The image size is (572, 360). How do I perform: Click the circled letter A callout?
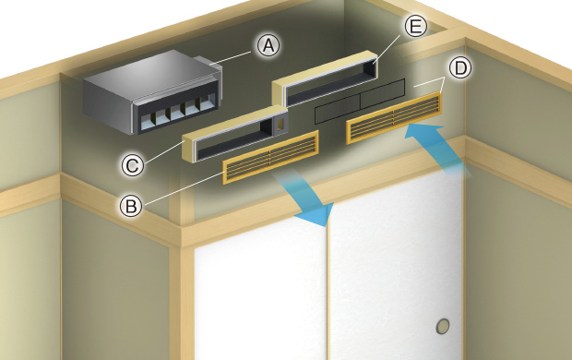(268, 45)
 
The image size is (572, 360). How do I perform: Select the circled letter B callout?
(131, 206)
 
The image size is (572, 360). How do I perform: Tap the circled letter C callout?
(133, 165)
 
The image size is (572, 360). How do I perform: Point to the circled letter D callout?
(460, 68)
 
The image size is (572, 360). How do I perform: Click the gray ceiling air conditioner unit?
(152, 92)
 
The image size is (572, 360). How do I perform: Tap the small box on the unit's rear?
(208, 63)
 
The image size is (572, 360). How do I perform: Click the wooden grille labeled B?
(270, 157)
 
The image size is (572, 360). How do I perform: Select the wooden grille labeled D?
(394, 117)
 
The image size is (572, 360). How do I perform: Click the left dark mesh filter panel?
(338, 108)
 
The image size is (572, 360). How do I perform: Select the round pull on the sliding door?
(443, 326)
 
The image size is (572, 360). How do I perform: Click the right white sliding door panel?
(396, 267)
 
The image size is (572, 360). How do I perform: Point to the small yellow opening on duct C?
(280, 124)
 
